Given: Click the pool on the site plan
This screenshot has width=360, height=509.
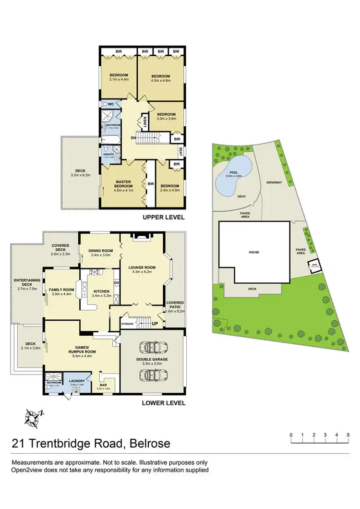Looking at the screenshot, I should pos(233,175).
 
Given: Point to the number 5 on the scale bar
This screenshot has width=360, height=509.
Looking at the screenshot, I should pos(348,435).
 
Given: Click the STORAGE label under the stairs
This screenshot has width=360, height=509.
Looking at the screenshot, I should pos(127,324).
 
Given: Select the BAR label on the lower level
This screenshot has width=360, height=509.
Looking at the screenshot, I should pos(104,385).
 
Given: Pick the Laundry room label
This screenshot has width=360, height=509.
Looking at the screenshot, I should pos(77,381).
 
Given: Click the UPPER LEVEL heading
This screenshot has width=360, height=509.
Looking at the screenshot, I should pos(164,217).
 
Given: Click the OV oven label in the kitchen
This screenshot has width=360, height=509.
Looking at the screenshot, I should pos(116,282).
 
